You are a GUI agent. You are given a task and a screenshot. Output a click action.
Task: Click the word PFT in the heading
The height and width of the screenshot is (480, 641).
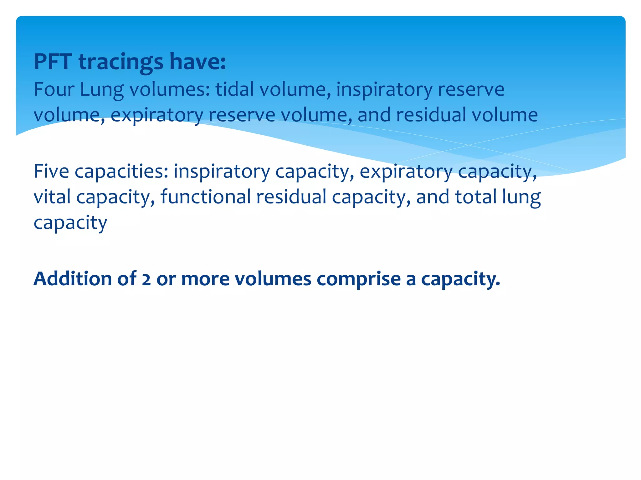[x=53, y=62]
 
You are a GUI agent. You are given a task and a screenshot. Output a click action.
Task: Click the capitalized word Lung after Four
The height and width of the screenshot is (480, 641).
[x=102, y=89]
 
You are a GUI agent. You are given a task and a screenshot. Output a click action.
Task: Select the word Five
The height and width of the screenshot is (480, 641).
[x=51, y=171]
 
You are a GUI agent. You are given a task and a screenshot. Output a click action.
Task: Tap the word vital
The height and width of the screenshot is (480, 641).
[x=52, y=197]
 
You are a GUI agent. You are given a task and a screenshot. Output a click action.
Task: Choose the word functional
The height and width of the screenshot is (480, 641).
[x=206, y=197]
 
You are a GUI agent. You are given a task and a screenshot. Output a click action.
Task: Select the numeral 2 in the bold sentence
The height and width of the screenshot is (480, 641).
[x=146, y=279]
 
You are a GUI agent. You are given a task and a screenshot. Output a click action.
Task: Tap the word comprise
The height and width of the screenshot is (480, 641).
[x=359, y=279]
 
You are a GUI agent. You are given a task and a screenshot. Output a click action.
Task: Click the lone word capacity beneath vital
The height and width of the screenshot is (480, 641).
[x=70, y=223]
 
